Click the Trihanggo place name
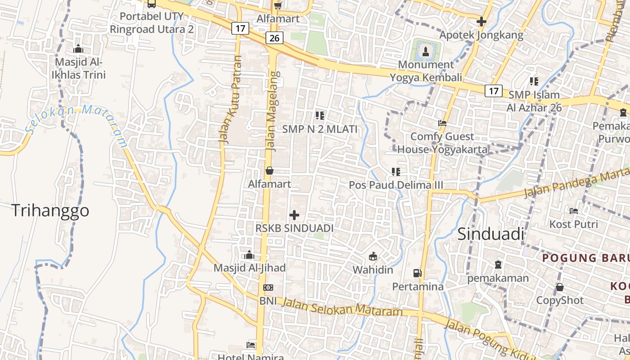(x=50, y=211)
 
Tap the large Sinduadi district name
(x=491, y=234)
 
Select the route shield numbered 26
(x=274, y=38)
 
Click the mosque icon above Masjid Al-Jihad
(x=249, y=255)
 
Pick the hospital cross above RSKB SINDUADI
(x=294, y=215)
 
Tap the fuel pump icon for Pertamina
(x=418, y=273)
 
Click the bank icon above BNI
(x=268, y=287)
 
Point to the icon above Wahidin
(x=373, y=256)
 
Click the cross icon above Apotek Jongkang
(x=481, y=21)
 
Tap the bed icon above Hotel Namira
(x=251, y=345)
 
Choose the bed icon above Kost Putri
(x=573, y=211)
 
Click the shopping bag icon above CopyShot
(x=560, y=287)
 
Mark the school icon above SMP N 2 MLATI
(x=320, y=116)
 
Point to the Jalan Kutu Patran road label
(x=230, y=99)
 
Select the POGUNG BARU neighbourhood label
(x=585, y=258)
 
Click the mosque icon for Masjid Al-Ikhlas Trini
(x=78, y=49)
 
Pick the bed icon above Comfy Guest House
(x=442, y=123)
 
